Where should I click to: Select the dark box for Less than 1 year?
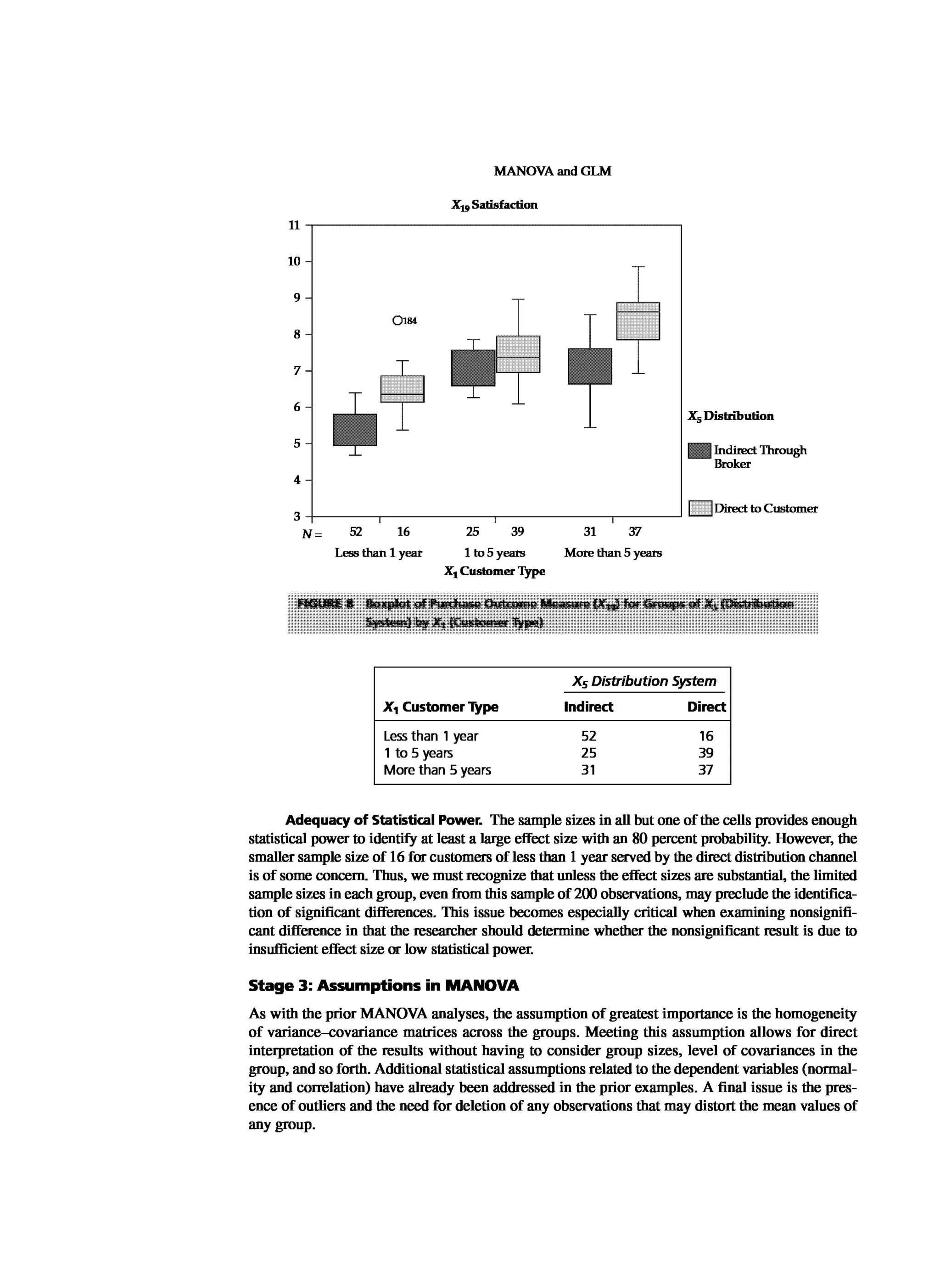[x=355, y=430]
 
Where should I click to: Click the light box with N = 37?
[x=638, y=321]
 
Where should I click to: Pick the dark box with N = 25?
[x=473, y=368]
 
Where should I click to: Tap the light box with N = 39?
[x=518, y=354]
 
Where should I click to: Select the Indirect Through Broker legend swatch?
[x=699, y=451]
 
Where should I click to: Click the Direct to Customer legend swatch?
[x=700, y=508]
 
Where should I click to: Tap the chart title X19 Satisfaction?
[x=494, y=205]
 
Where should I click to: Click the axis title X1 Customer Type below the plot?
[x=494, y=572]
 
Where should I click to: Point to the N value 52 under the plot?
[x=355, y=532]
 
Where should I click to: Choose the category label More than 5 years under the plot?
[x=613, y=553]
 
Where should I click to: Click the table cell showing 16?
[x=705, y=736]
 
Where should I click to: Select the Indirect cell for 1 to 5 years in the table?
[x=588, y=753]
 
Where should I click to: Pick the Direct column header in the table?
[x=705, y=707]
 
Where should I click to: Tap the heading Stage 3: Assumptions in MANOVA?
[x=384, y=986]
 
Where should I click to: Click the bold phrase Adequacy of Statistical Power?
[x=384, y=820]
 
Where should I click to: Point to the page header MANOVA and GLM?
[x=552, y=171]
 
